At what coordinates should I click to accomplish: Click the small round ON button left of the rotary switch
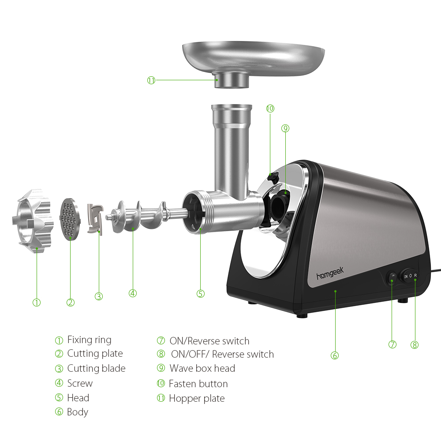tap(392, 276)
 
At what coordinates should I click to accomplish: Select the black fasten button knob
tap(274, 178)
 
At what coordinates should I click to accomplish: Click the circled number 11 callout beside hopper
tap(151, 80)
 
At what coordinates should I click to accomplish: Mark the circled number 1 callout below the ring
tap(37, 303)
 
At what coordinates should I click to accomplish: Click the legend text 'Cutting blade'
tap(96, 369)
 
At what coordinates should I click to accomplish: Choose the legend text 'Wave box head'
tap(202, 369)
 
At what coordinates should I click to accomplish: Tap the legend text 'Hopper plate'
tap(197, 399)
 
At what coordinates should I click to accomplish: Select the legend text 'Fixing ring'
tap(89, 340)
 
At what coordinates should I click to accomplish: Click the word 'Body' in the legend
tap(78, 412)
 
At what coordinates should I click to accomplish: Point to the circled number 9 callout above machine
tap(285, 128)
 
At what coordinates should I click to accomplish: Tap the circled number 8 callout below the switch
tap(414, 345)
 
